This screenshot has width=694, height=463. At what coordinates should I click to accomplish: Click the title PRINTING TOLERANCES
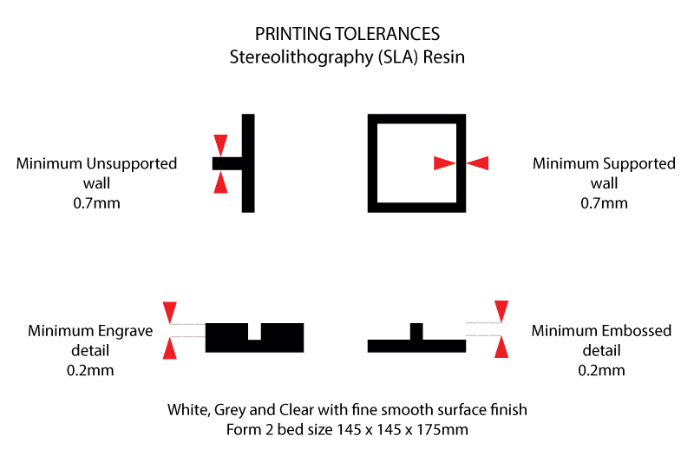[347, 34]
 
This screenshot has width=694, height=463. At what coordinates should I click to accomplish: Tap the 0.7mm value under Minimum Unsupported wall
[97, 203]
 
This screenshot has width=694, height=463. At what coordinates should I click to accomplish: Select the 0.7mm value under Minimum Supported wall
[604, 203]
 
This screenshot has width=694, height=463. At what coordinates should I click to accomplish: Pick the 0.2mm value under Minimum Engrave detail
[90, 370]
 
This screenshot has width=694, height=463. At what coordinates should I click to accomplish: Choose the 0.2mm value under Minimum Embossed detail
[601, 370]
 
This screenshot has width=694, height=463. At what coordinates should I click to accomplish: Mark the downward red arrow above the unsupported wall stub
[221, 144]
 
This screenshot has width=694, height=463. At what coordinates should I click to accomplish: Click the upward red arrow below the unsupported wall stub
[221, 182]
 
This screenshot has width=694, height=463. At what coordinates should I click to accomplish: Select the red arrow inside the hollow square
[444, 162]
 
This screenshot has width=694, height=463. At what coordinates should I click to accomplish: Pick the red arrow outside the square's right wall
[477, 162]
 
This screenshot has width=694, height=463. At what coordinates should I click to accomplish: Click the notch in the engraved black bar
[254, 331]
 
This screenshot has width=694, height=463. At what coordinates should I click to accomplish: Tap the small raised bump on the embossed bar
[416, 331]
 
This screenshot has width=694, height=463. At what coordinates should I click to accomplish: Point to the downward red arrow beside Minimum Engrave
[170, 312]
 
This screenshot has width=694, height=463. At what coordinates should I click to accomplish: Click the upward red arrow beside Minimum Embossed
[501, 347]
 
